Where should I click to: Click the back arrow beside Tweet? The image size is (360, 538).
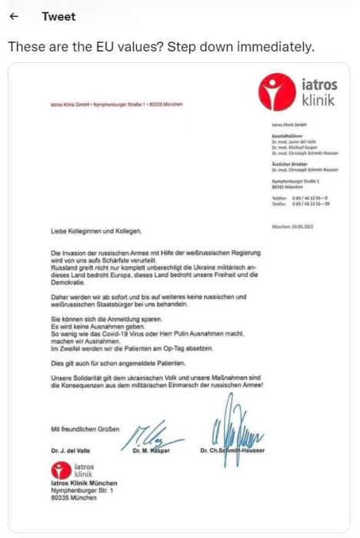coord(13,17)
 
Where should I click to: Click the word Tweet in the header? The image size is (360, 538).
coord(58,17)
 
